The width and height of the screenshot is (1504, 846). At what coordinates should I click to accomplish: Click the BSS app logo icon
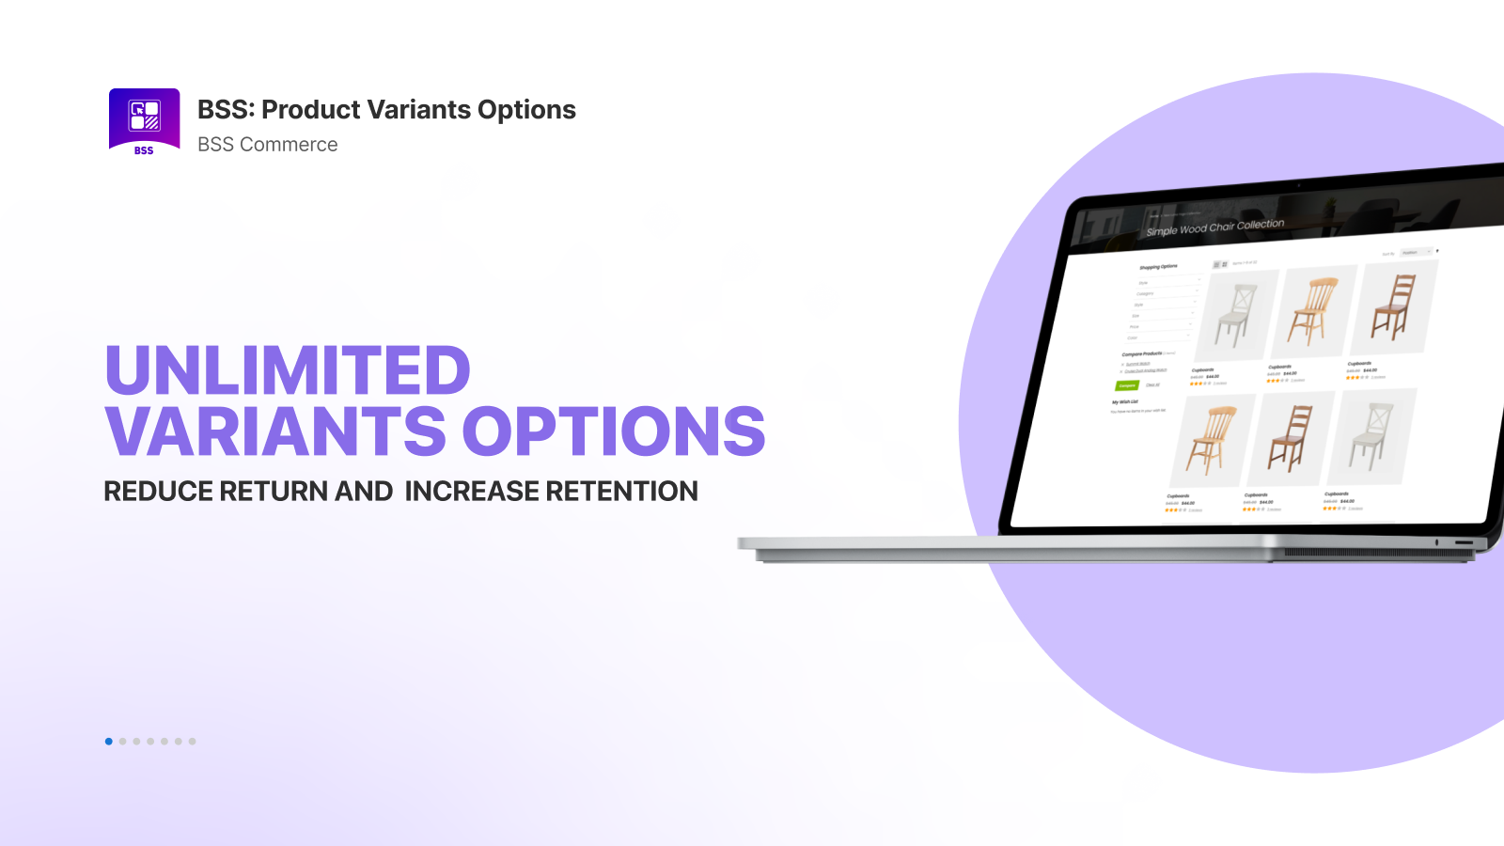coord(144,120)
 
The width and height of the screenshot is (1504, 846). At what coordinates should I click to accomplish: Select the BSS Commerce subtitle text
coord(267,145)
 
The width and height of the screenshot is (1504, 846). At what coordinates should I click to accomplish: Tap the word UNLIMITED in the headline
coord(288,370)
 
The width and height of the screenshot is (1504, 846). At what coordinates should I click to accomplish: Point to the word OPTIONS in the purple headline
coord(614,431)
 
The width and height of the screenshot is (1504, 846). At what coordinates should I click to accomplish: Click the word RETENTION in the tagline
coord(621,492)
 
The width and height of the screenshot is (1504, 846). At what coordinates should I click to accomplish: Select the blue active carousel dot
coord(109,742)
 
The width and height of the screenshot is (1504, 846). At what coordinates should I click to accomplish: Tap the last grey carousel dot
coord(192,742)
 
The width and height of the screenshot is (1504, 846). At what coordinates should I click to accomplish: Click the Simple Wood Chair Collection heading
coord(1214,227)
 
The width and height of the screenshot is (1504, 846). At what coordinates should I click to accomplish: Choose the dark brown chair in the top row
coord(1394,306)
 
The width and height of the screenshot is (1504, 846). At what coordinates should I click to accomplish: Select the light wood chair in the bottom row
coord(1211,440)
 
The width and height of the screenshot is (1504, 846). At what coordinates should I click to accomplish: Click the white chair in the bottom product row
coord(1371,435)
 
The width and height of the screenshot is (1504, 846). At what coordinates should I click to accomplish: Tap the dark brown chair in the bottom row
coord(1291,438)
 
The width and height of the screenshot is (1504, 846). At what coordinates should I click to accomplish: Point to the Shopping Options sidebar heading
coord(1158,267)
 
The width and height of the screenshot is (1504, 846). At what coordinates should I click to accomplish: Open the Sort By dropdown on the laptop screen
coord(1415,253)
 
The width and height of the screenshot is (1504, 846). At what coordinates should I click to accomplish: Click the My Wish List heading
coord(1125,401)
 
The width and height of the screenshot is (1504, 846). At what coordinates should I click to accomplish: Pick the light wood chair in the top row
coord(1315,311)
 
